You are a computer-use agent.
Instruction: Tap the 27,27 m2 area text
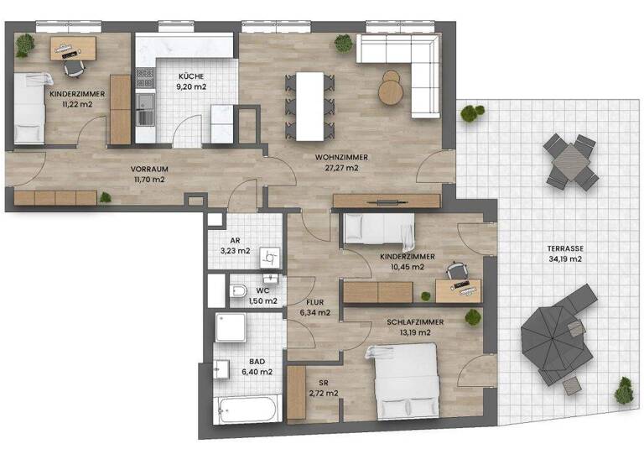(x=337, y=168)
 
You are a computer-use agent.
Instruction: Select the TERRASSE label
(x=568, y=248)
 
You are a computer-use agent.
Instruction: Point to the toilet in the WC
(x=238, y=293)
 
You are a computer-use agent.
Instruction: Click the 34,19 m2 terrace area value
(x=568, y=259)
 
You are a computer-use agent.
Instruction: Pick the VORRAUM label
(x=148, y=167)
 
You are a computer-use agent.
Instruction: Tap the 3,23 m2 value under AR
(x=235, y=250)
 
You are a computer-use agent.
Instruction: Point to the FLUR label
(x=314, y=302)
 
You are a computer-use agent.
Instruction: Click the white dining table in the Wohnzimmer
(x=309, y=106)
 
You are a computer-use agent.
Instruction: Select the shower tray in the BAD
(x=232, y=327)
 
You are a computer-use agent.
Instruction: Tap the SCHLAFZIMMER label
(x=414, y=321)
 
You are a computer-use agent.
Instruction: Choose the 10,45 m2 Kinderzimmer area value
(x=402, y=267)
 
